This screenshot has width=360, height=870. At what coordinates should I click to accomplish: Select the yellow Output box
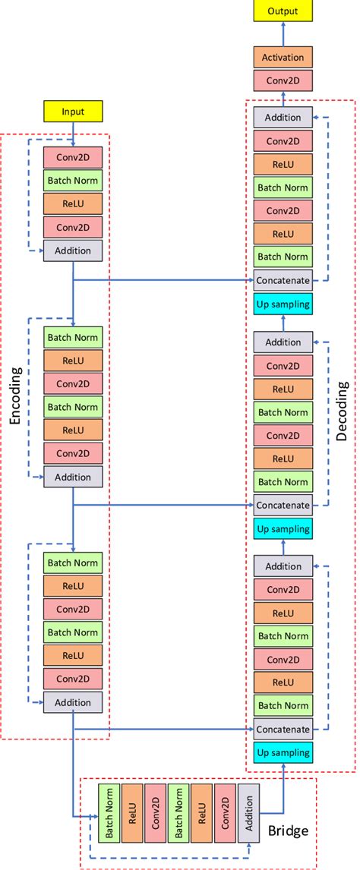coord(283,11)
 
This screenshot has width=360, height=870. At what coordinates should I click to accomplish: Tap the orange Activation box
coord(283,57)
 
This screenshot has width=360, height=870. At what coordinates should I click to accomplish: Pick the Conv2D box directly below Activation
coord(283,80)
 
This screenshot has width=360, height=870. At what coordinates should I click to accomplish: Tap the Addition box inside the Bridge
coord(248,813)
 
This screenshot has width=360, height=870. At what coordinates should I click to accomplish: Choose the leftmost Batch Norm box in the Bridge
coord(109,813)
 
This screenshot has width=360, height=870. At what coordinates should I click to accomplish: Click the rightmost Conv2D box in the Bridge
coord(225,813)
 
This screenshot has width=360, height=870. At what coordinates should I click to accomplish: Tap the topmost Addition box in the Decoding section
coord(283,118)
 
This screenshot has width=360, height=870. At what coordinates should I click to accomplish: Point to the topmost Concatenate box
coord(283,280)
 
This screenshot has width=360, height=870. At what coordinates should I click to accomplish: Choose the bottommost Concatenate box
coord(283,730)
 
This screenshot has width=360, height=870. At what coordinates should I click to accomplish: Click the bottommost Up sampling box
coord(283,753)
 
